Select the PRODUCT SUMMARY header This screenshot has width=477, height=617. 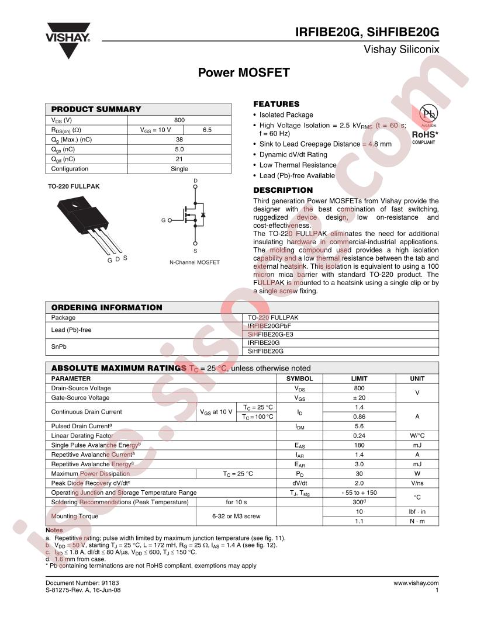coord(96,109)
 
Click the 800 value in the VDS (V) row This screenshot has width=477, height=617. coord(179,120)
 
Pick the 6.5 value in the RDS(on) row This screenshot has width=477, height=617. coord(207,130)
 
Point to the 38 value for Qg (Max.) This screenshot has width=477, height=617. coord(179,140)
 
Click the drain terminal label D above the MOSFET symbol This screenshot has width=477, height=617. coord(195,181)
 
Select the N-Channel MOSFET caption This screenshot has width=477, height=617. coord(195,262)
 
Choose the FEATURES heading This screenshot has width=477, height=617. coord(276,104)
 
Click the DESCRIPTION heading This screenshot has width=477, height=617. coord(282,190)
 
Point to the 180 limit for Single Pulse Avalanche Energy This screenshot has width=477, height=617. coord(359,445)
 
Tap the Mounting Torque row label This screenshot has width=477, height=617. coord(75,517)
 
